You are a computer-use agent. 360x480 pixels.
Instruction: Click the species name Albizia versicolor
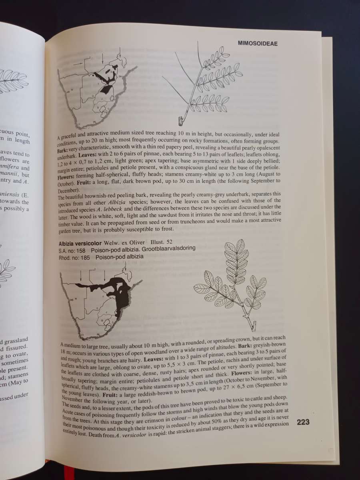(80, 243)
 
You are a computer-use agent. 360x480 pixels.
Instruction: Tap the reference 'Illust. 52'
(161, 242)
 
